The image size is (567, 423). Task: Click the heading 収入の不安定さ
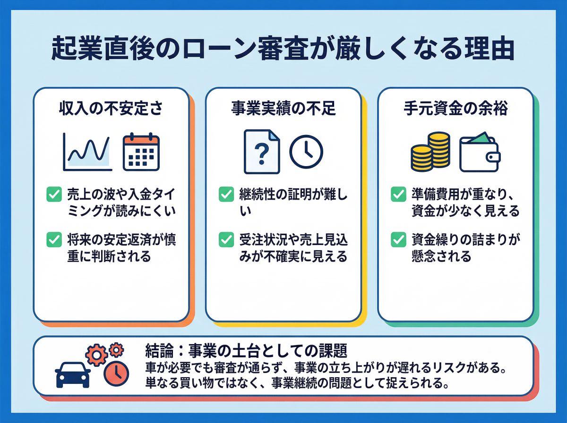[111, 109]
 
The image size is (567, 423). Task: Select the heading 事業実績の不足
[283, 109]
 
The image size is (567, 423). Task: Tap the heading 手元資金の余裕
[455, 109]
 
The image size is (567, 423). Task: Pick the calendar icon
[141, 152]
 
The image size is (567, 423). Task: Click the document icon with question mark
[261, 152]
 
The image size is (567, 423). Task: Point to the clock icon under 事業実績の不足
[306, 152]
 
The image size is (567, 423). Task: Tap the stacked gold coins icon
[430, 152]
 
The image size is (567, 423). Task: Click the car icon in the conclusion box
[72, 375]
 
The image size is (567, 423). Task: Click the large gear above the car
[95, 354]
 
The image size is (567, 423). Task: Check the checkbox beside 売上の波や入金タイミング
[54, 194]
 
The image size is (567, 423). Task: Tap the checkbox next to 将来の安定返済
[54, 240]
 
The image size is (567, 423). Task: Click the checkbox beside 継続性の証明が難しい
[226, 194]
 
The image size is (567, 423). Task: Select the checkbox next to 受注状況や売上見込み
[226, 240]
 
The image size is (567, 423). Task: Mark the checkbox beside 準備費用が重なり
[398, 194]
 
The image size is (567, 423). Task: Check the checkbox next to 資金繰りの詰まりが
[398, 240]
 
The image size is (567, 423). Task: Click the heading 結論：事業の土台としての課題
[247, 350]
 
